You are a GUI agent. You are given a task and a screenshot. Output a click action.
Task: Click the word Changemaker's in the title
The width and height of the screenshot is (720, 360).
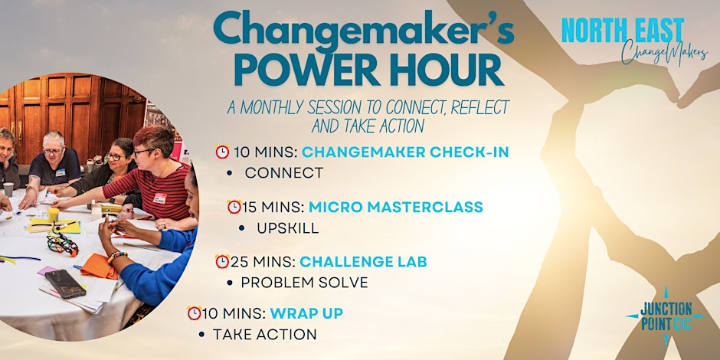(364, 31)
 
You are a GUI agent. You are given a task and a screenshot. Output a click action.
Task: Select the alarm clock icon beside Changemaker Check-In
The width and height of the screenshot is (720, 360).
(222, 152)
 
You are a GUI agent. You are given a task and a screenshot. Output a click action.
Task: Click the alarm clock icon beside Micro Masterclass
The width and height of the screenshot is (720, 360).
(234, 207)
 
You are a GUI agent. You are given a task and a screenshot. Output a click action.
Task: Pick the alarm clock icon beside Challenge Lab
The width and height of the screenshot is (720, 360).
(222, 261)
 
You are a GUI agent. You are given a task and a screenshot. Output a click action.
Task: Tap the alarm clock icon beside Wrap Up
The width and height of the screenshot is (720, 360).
(195, 313)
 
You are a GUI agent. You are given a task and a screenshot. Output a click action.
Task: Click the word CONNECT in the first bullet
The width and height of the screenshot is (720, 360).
(283, 173)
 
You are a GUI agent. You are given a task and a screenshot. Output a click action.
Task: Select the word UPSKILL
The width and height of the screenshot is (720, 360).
(287, 228)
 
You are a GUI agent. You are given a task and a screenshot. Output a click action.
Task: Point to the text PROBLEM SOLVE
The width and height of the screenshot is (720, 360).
(304, 283)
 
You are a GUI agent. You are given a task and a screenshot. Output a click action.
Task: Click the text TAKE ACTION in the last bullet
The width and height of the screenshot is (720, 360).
(264, 334)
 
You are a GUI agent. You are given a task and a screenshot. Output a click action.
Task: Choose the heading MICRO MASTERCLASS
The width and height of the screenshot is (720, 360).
(396, 207)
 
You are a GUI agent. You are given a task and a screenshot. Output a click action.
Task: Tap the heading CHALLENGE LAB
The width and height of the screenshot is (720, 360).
(363, 262)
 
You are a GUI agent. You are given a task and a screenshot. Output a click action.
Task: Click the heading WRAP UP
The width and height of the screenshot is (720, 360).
(306, 313)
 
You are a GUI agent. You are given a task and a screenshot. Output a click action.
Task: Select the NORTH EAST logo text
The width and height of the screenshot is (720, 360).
(623, 31)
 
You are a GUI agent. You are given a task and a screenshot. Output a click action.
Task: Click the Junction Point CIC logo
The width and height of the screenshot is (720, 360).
(666, 316)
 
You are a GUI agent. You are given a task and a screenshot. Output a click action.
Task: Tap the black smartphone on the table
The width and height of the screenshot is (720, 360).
(65, 283)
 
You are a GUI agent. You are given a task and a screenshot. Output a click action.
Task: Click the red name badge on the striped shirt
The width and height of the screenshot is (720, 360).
(160, 198)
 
